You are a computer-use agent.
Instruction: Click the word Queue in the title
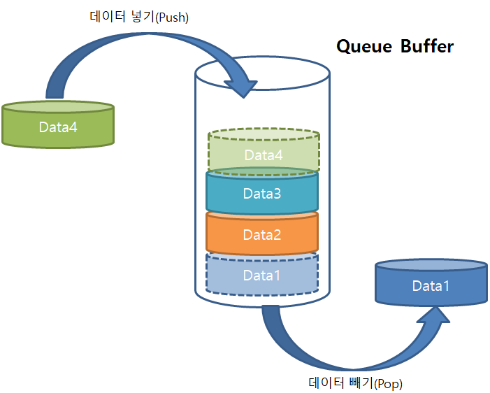click(364, 47)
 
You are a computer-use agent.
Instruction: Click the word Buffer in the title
click(427, 46)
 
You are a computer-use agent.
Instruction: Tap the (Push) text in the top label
click(172, 17)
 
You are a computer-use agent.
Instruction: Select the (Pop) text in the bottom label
click(388, 384)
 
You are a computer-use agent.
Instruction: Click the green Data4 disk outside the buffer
click(58, 124)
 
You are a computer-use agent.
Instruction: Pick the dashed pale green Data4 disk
click(264, 150)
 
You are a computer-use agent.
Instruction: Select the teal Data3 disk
click(262, 191)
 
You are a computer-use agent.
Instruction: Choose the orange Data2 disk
click(262, 233)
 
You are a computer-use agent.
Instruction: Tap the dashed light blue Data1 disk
click(262, 274)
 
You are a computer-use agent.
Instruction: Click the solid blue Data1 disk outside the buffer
click(431, 282)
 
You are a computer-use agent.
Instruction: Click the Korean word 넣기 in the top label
click(143, 16)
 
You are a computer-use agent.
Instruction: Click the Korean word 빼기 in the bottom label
click(361, 383)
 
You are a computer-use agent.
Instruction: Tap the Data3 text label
click(262, 194)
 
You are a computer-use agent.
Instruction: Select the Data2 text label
click(262, 235)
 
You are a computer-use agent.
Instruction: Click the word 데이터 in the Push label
click(108, 16)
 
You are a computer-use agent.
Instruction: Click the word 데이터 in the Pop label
click(326, 383)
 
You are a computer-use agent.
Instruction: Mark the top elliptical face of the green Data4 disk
click(58, 107)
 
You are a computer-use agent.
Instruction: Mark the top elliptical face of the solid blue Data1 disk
click(431, 265)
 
